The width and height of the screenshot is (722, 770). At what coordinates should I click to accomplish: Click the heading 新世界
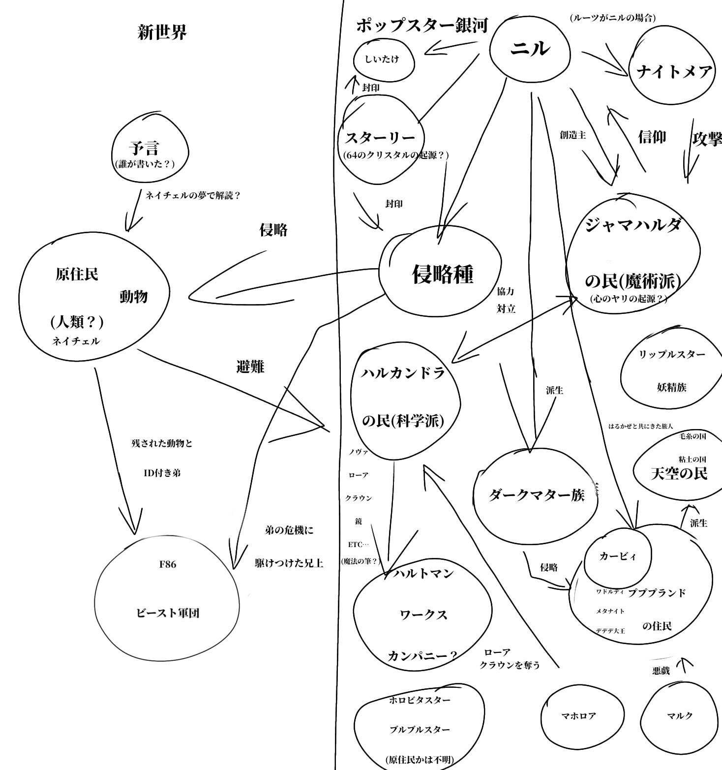coord(162,33)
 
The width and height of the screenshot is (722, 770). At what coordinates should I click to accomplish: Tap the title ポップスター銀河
coord(421,25)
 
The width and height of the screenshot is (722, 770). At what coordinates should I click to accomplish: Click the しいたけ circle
coord(382,59)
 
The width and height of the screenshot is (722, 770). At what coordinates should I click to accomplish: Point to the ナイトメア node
coord(674,72)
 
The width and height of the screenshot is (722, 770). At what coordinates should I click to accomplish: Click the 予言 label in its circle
coord(144,148)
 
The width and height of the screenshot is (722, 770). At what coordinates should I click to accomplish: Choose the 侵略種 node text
coord(442,274)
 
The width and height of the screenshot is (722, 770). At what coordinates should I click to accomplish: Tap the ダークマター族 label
coord(536,495)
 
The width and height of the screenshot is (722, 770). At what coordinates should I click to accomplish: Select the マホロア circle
coord(578,716)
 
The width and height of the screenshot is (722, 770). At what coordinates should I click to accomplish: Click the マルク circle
coord(680,716)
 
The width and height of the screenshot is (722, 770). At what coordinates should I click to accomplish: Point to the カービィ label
coord(618,556)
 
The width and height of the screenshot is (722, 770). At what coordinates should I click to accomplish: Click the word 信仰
coord(652,136)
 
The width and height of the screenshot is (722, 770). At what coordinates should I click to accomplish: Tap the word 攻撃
coord(707,139)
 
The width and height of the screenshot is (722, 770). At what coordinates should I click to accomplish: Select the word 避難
coord(250,367)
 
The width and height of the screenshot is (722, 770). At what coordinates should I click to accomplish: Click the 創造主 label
coord(572,135)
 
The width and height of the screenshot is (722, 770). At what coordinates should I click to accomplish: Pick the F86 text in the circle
coord(167,564)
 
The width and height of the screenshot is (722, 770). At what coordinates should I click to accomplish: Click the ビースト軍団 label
coord(167,613)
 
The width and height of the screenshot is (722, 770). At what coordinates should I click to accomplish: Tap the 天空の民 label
coord(679,473)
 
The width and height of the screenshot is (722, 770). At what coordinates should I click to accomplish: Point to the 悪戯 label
coord(661,671)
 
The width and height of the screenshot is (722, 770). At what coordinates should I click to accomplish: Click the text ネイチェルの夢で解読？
coord(193,195)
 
